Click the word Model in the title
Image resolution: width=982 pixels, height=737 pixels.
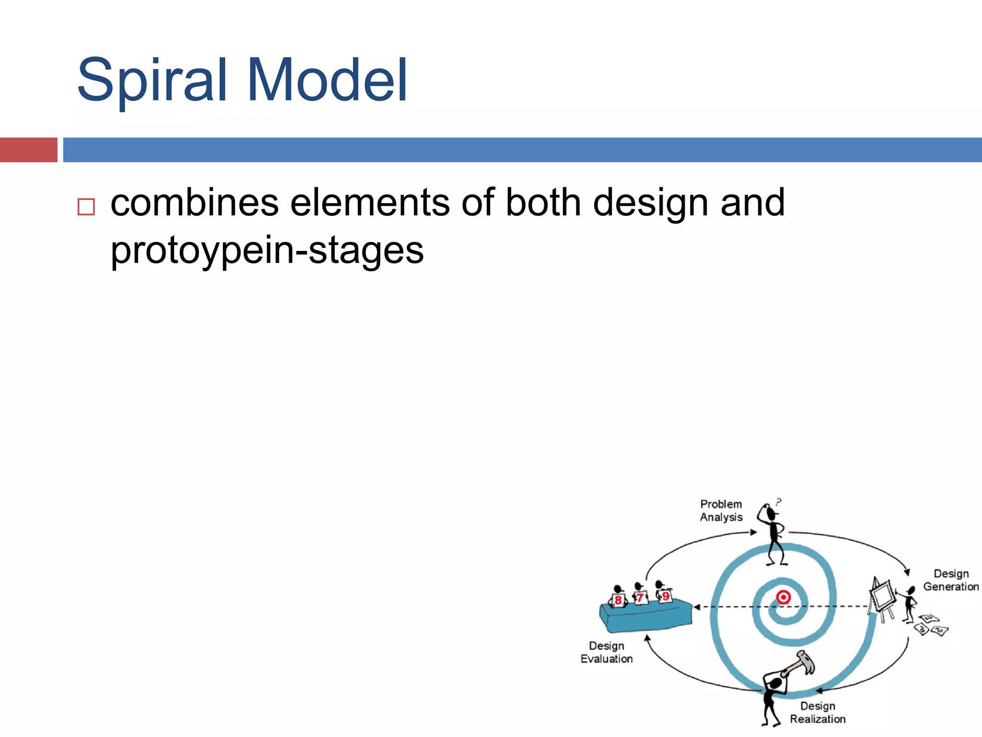click(x=327, y=81)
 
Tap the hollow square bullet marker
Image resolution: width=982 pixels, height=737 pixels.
click(x=86, y=207)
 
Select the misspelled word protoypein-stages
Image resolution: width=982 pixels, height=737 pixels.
click(x=267, y=250)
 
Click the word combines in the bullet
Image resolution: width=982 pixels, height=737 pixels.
click(x=195, y=202)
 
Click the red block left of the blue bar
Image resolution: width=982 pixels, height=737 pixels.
click(x=28, y=150)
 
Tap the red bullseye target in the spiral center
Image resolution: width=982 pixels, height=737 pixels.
click(x=783, y=597)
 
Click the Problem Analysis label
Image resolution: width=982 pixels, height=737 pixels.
click(x=721, y=511)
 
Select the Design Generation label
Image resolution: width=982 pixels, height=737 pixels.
click(x=951, y=580)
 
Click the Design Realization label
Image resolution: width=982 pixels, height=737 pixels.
click(x=818, y=713)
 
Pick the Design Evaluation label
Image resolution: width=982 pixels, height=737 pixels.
click(x=607, y=652)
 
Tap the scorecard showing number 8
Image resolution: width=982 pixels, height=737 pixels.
click(x=618, y=600)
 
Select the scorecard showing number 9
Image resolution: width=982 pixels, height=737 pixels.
click(x=666, y=596)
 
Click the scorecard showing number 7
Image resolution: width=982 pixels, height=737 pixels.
click(x=640, y=598)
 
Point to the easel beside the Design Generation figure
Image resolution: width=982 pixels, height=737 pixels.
click(x=882, y=597)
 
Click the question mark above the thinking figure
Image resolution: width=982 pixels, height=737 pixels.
click(x=779, y=502)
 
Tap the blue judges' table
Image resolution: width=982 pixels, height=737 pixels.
click(x=646, y=617)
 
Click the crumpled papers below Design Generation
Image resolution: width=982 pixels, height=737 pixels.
click(x=931, y=625)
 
